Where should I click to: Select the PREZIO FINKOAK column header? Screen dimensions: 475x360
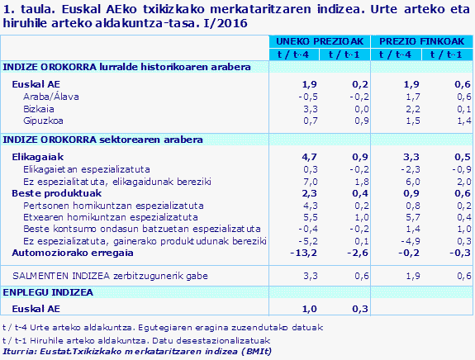pos(422,41)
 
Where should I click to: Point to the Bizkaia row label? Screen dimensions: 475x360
pos(38,107)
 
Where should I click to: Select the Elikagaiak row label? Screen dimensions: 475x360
pos(37,156)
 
